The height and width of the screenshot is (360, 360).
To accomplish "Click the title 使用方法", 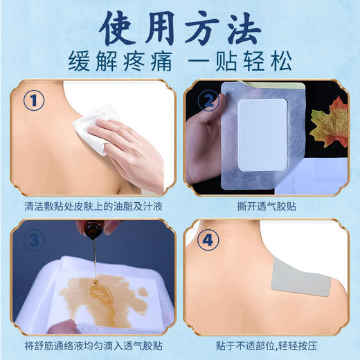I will point(180,26).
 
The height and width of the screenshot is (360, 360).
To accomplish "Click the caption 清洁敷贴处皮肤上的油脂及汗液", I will point(91,206).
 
